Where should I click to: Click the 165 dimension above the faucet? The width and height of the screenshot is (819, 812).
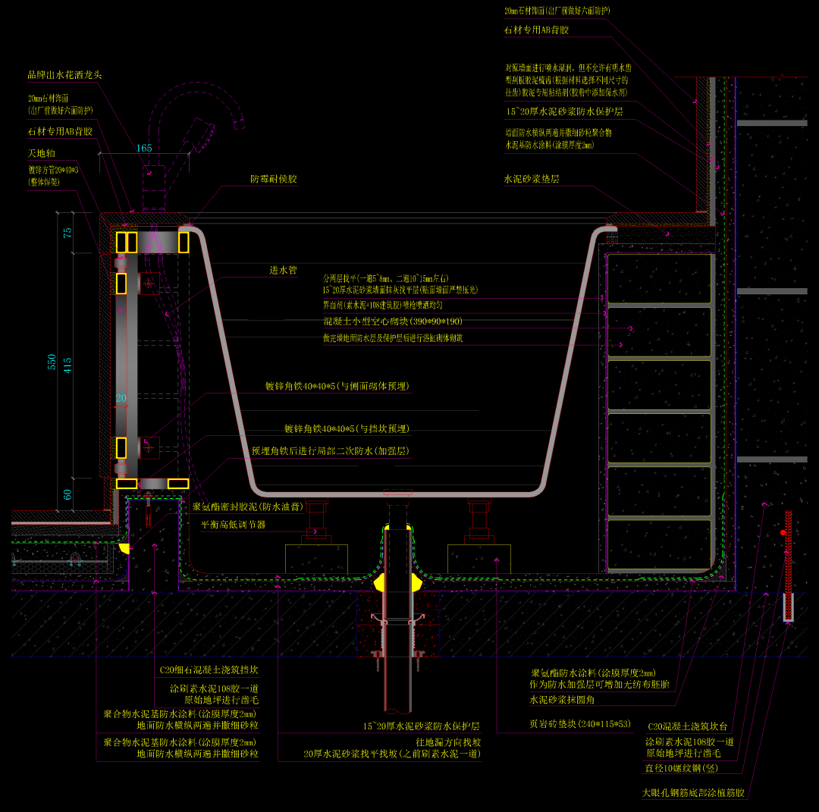coord(144,148)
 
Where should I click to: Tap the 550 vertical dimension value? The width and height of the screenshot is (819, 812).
coord(52,362)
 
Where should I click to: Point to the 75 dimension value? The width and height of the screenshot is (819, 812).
coord(68,233)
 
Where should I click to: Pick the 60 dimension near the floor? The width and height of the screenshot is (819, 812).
coord(68,494)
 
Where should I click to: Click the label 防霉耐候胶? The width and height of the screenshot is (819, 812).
coord(274,180)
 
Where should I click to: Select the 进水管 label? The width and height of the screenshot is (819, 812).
coord(284,270)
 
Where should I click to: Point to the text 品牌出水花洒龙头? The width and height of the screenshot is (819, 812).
coord(64,74)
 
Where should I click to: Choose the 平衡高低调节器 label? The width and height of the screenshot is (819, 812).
coord(233,524)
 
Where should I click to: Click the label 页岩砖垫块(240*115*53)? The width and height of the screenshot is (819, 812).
coord(580,723)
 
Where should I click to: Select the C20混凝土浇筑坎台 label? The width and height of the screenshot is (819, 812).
coord(688,726)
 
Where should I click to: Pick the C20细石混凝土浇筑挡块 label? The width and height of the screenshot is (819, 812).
coord(209,670)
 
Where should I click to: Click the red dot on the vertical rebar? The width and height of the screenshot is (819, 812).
coord(783,532)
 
